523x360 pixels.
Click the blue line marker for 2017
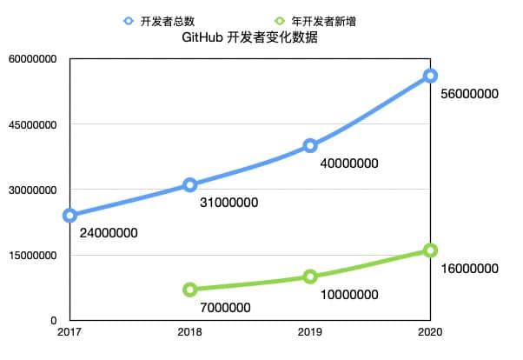(x=70, y=215)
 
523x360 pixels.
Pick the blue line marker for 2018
(x=190, y=184)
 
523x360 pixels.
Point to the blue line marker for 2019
(x=310, y=145)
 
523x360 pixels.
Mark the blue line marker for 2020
(x=430, y=76)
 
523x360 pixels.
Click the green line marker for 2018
(x=190, y=290)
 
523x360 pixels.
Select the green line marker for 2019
(x=310, y=277)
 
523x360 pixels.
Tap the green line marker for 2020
(x=430, y=250)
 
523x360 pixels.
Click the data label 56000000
(x=468, y=93)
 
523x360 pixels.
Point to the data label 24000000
(x=109, y=233)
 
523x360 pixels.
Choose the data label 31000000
(x=228, y=203)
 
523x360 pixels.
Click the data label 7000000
(x=224, y=307)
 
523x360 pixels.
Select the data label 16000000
(x=468, y=268)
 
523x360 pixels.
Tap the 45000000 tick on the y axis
(x=31, y=124)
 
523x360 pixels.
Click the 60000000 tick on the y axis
(x=31, y=59)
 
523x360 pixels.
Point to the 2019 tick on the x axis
(x=310, y=332)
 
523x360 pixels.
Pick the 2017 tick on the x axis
(x=70, y=332)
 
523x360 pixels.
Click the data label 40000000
(x=348, y=163)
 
